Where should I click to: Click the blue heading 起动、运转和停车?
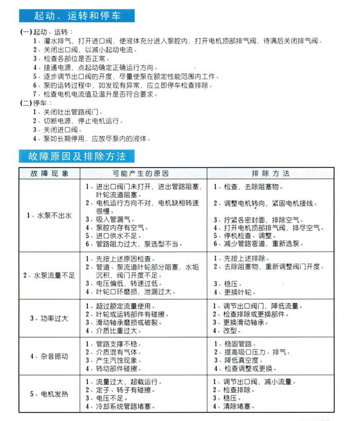point(77,16)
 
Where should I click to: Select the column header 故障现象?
point(49,173)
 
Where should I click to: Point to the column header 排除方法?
point(271,173)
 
